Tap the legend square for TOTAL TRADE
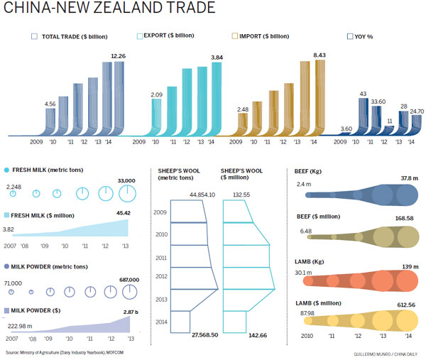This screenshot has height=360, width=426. tap(34, 36)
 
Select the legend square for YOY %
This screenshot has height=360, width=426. tap(349, 36)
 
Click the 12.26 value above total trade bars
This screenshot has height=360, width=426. tap(117, 56)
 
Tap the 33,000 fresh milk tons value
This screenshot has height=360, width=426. tap(126, 180)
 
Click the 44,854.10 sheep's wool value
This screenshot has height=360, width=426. tap(202, 195)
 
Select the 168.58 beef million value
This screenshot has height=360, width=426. tap(403, 219)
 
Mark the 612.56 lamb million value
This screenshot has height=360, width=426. tap(403, 305)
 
